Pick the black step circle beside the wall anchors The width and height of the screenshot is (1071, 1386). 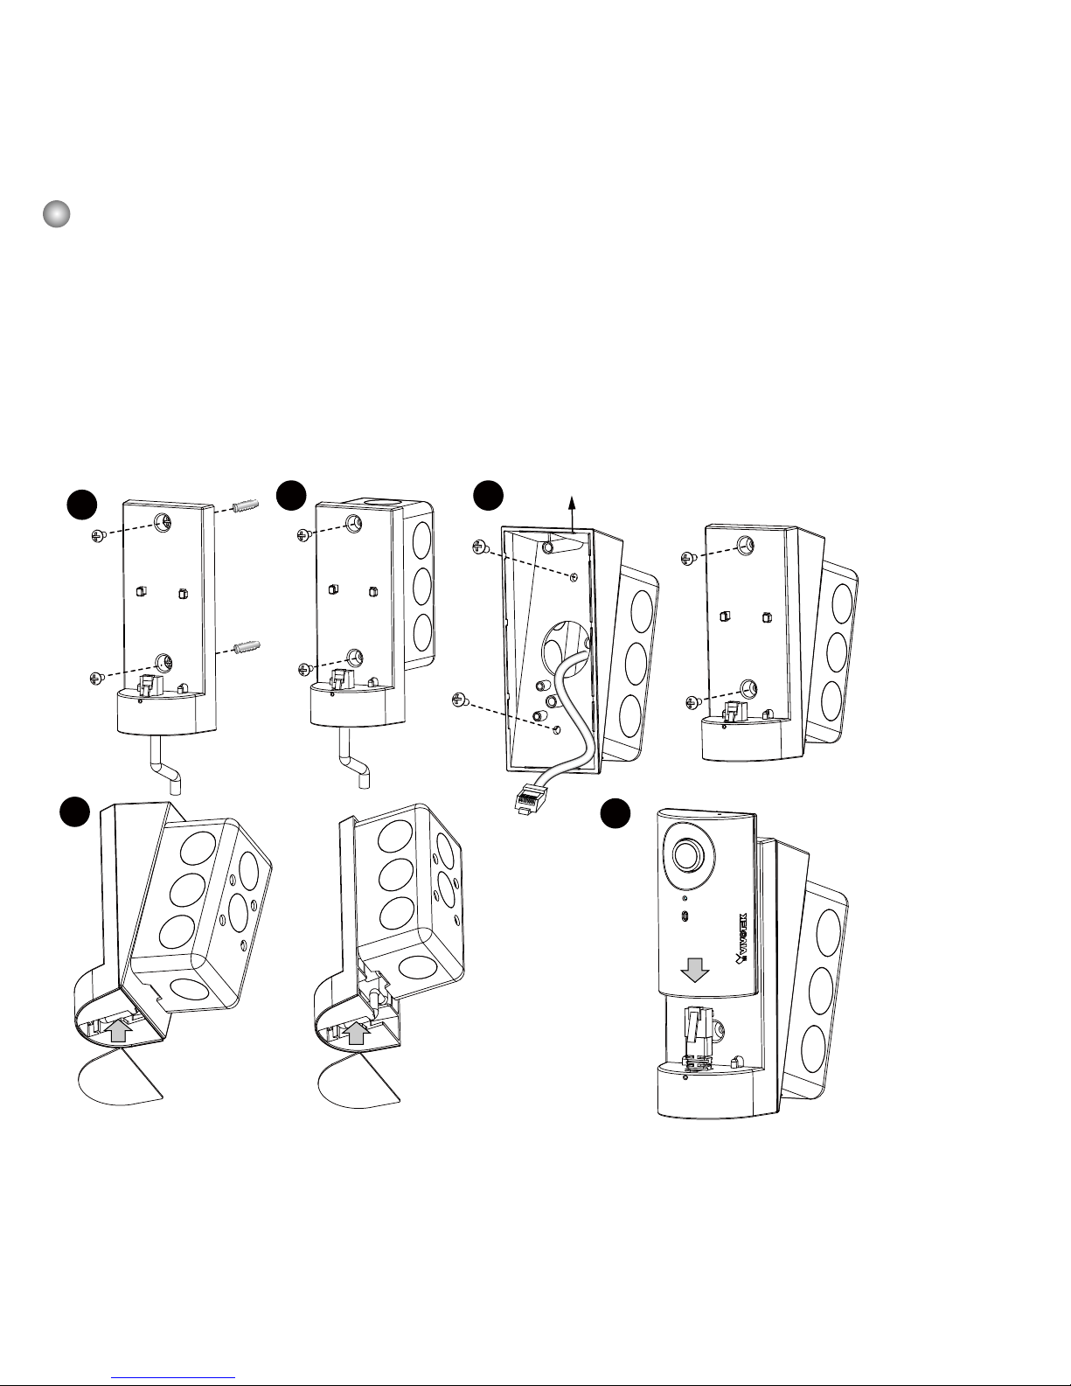(x=83, y=506)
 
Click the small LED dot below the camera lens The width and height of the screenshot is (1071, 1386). (x=685, y=897)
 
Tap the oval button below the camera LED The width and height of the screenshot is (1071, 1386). (x=685, y=915)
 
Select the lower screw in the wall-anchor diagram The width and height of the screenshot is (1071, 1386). (x=97, y=678)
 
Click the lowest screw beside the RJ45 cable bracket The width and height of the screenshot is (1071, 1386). (x=460, y=700)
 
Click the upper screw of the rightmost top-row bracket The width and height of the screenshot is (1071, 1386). (x=688, y=557)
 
